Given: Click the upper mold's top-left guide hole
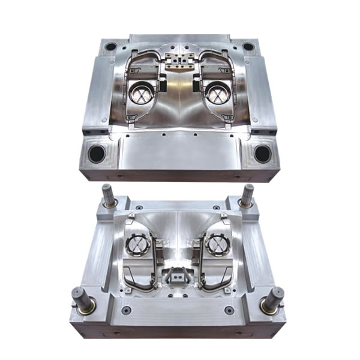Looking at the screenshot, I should pyautogui.click(x=111, y=46).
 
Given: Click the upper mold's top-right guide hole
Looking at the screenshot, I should pyautogui.click(x=248, y=46).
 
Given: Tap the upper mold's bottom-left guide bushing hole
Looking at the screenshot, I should pyautogui.click(x=97, y=154).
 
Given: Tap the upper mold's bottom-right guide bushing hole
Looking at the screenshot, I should pyautogui.click(x=262, y=154).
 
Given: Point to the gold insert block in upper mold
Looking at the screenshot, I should pyautogui.click(x=178, y=62).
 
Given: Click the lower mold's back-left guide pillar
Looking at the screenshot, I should pyautogui.click(x=108, y=196).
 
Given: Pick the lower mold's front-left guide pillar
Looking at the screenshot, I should pyautogui.click(x=83, y=299).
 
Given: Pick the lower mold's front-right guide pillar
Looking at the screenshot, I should pyautogui.click(x=273, y=299).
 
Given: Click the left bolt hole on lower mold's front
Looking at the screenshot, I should pyautogui.click(x=127, y=310).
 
